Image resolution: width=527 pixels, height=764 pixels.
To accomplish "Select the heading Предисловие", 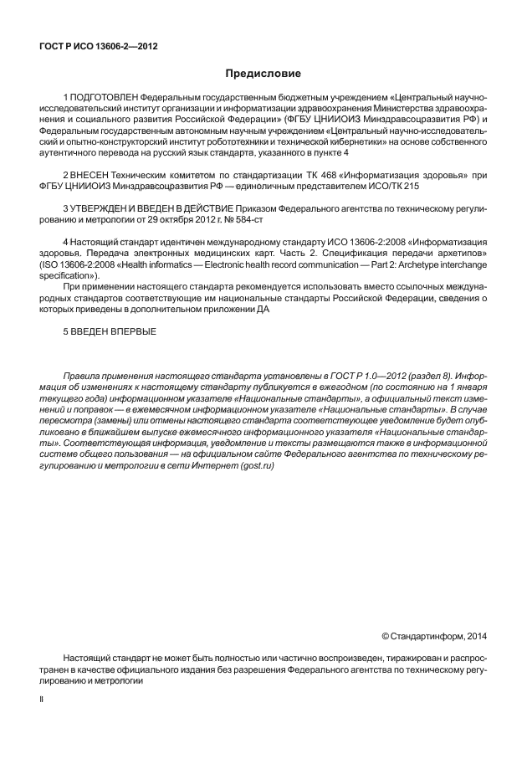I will (263, 74).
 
